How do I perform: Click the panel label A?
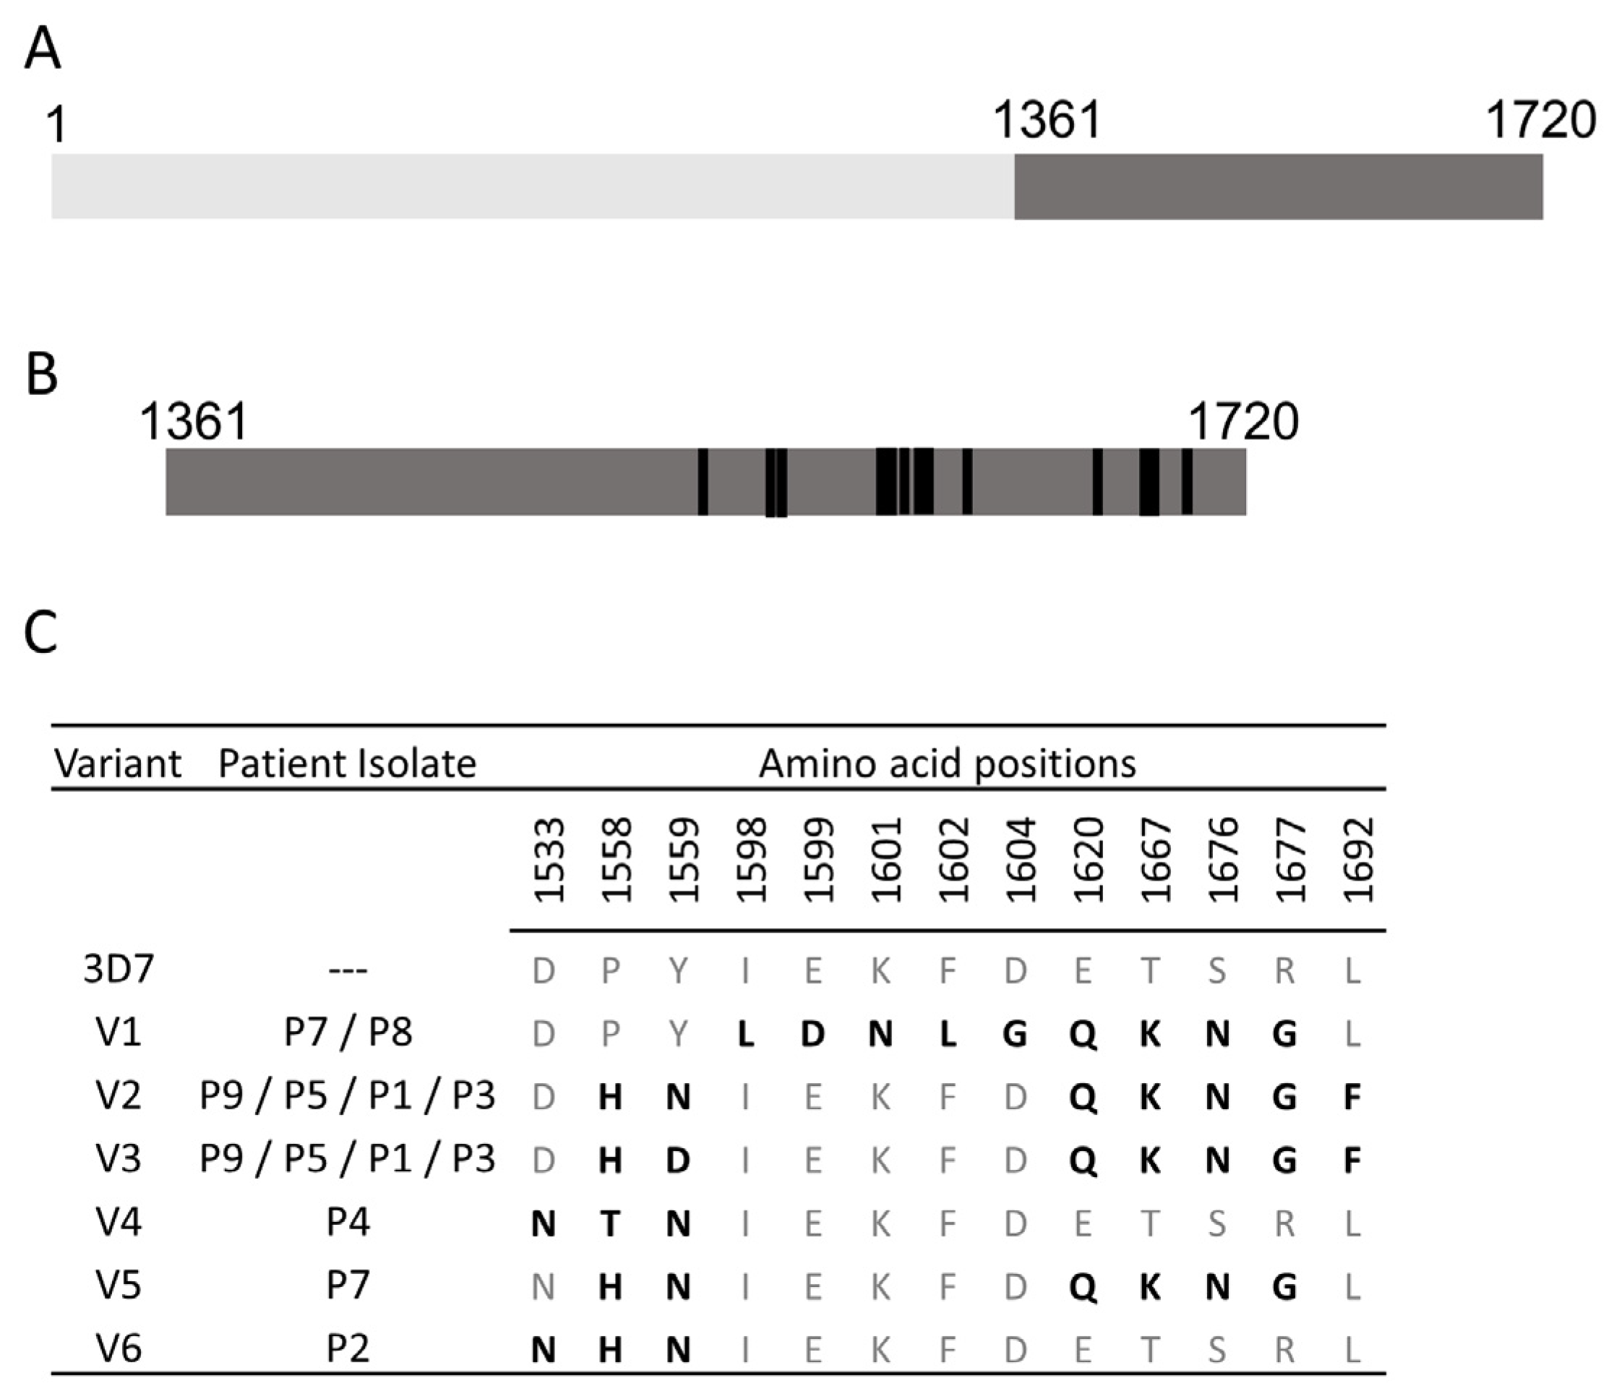pyautogui.click(x=43, y=51)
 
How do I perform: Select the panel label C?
pyautogui.click(x=40, y=632)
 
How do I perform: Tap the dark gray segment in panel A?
pyautogui.click(x=1277, y=187)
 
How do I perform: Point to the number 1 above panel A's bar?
pyautogui.click(x=56, y=124)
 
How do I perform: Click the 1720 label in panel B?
pyautogui.click(x=1243, y=422)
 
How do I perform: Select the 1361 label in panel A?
pyautogui.click(x=1048, y=121)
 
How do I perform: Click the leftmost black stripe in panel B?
pyautogui.click(x=703, y=482)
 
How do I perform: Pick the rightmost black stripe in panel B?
pyautogui.click(x=1186, y=482)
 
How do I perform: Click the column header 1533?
pyautogui.click(x=549, y=860)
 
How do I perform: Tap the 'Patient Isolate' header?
pyautogui.click(x=347, y=764)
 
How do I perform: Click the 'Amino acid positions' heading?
pyautogui.click(x=947, y=764)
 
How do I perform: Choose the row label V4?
pyautogui.click(x=119, y=1221)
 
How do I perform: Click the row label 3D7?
pyautogui.click(x=119, y=970)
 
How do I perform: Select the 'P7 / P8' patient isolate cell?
pyautogui.click(x=348, y=1032)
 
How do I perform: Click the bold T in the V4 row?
pyautogui.click(x=611, y=1223)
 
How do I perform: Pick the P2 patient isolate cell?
pyautogui.click(x=348, y=1348)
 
